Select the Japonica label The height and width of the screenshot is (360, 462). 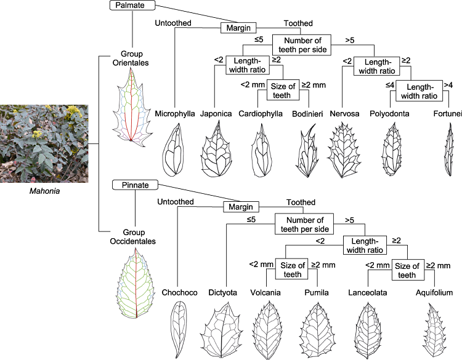[215, 114]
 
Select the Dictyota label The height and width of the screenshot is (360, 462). [222, 293]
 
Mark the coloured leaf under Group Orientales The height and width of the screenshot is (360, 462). [131, 108]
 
